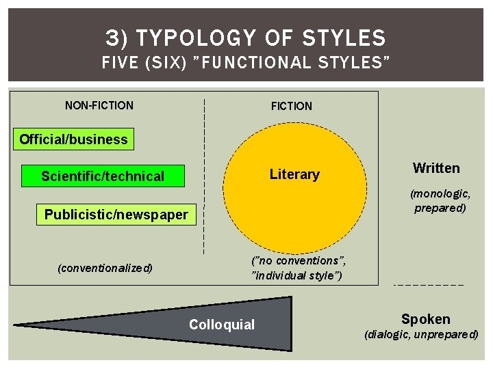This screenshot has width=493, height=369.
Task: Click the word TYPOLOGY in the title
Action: point(199,38)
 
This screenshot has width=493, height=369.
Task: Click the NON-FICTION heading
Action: point(99,105)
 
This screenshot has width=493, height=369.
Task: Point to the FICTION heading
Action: point(291,106)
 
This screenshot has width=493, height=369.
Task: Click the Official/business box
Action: point(73,139)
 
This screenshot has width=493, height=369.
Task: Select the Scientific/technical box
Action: point(103,176)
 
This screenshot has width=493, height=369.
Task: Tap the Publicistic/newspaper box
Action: point(116,215)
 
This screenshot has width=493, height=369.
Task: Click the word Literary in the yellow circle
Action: point(294,174)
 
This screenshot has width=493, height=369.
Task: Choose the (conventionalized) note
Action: point(105,268)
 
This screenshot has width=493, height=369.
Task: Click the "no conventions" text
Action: point(299,260)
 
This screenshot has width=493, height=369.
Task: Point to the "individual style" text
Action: point(297,275)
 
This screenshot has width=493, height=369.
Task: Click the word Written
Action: point(436,168)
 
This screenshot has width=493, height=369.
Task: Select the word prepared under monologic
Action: point(440,208)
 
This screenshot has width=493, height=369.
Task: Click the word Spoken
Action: point(425,319)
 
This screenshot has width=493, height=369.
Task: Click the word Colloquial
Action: point(221,325)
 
